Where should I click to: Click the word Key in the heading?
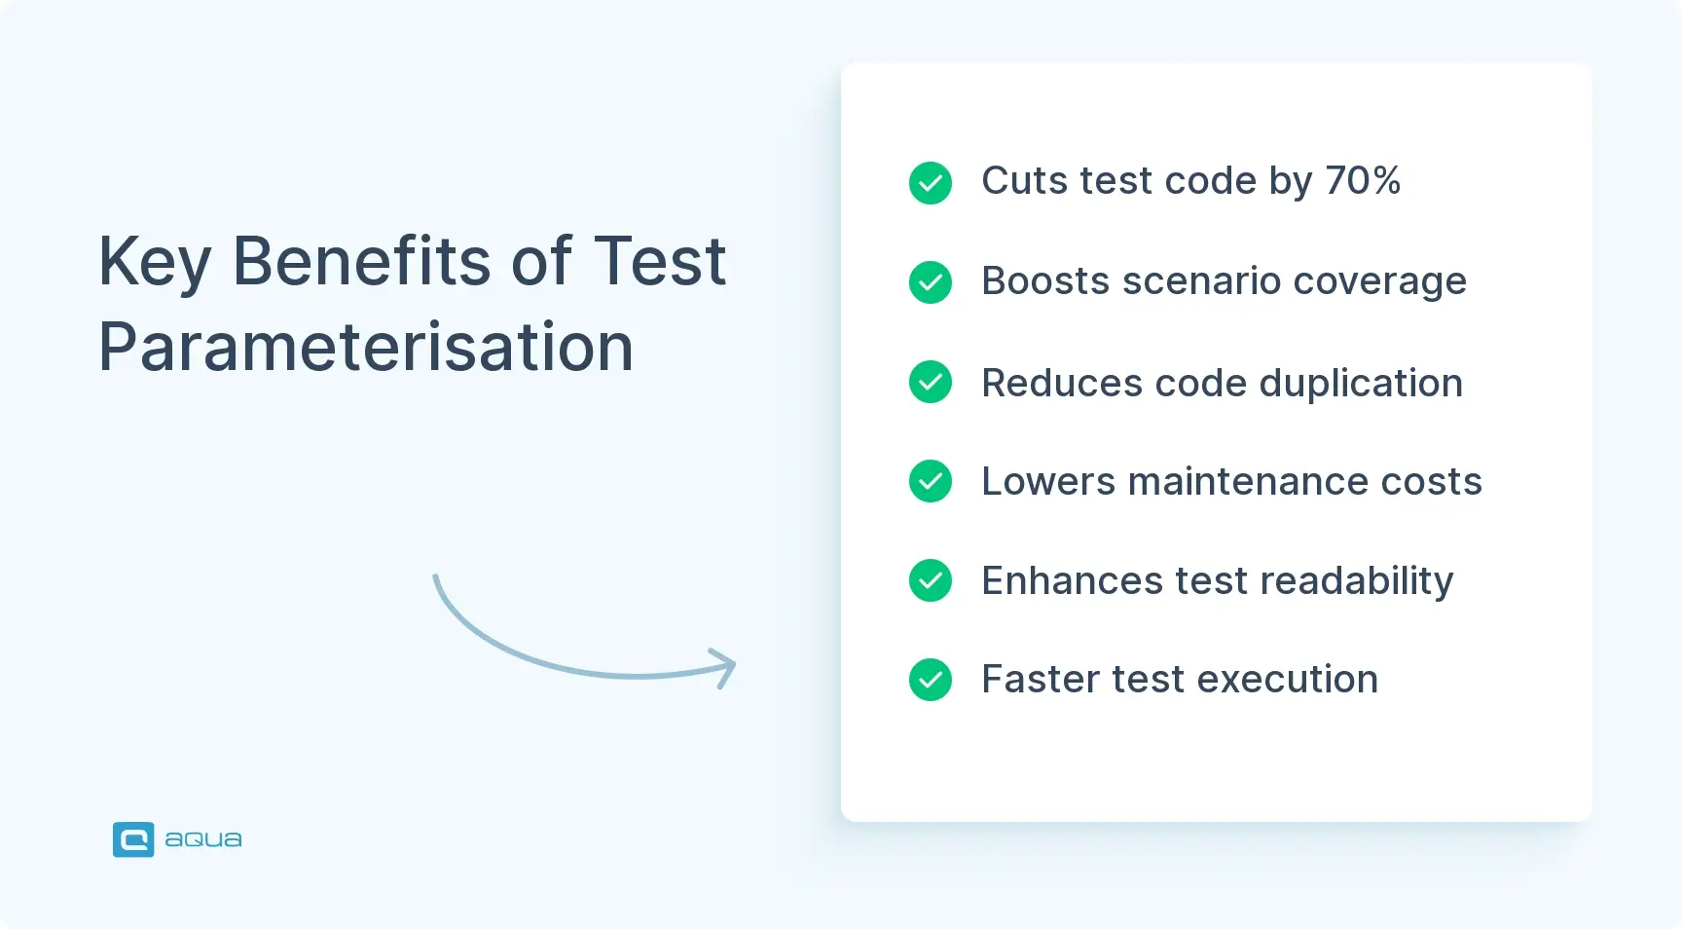pos(155,263)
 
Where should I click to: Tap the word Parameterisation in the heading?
pos(366,348)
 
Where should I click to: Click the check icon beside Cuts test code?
pos(931,183)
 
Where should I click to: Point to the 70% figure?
pos(1362,181)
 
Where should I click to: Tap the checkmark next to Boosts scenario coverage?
pos(931,282)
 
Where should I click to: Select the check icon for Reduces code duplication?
pos(931,382)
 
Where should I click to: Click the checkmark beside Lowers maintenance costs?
pos(931,481)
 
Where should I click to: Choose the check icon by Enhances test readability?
pos(931,580)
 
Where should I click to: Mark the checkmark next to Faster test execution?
pos(931,680)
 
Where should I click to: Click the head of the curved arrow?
pos(728,667)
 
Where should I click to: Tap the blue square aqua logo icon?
pos(133,839)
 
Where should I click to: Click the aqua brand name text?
pos(203,839)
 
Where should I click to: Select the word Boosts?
pos(1045,281)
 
